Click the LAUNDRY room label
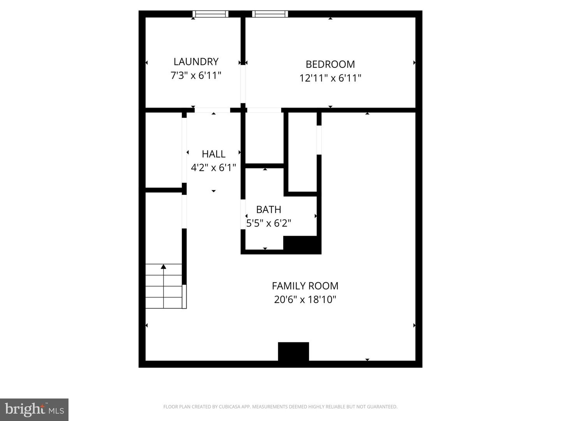[196, 62]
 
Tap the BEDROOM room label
[330, 64]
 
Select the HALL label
[213, 154]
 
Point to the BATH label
[268, 210]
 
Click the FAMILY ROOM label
[305, 286]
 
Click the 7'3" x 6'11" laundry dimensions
[196, 75]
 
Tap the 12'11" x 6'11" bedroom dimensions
[330, 78]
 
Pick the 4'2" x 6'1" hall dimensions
[213, 168]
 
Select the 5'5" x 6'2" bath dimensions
[268, 223]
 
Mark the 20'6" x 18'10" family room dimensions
[305, 300]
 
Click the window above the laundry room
[210, 14]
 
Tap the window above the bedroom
[270, 14]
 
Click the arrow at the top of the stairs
[164, 267]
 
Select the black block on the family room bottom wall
[293, 352]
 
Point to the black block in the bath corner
[302, 244]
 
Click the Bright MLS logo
[34, 409]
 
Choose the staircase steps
[164, 287]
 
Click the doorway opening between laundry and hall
[212, 110]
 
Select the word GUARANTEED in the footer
[383, 407]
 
